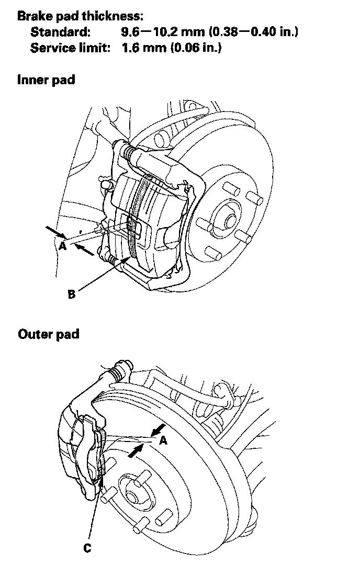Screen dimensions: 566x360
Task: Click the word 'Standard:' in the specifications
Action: tap(60, 32)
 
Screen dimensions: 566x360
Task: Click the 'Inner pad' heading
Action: tap(46, 80)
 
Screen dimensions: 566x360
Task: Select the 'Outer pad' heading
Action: tap(48, 333)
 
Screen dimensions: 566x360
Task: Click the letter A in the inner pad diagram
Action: tap(63, 245)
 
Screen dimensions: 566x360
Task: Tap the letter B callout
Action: tap(72, 294)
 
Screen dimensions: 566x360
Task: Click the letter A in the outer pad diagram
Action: tap(163, 440)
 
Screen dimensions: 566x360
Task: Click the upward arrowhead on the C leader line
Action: tap(101, 473)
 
